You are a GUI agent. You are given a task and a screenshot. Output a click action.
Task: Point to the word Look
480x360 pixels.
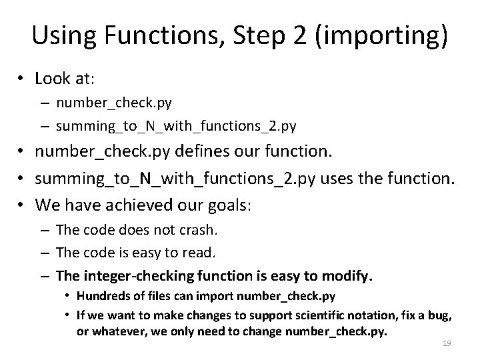tap(52, 79)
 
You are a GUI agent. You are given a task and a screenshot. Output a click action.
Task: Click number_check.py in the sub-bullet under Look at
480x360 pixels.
tap(114, 103)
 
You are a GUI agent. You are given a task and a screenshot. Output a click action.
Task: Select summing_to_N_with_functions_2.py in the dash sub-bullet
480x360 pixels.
tap(176, 125)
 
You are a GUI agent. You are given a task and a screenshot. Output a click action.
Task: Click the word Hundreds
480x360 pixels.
tap(102, 296)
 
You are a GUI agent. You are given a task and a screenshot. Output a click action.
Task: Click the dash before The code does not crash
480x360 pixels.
tap(44, 231)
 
